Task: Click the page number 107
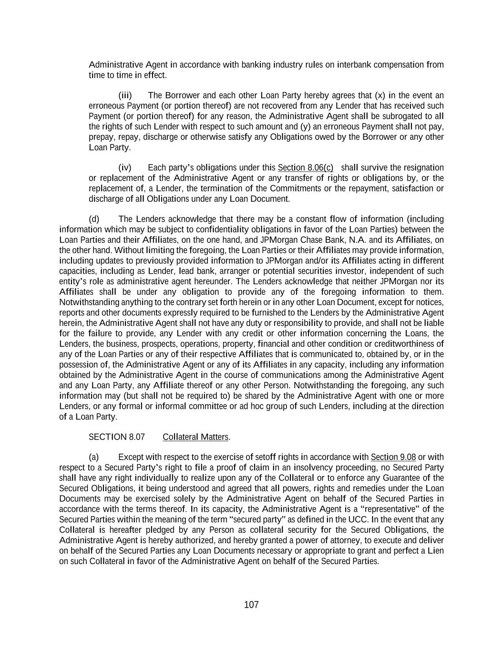pos(251,605)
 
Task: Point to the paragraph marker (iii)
pos(125,95)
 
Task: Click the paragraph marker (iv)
pos(125,167)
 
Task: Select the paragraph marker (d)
pos(94,219)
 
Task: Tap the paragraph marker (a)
pos(94,457)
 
